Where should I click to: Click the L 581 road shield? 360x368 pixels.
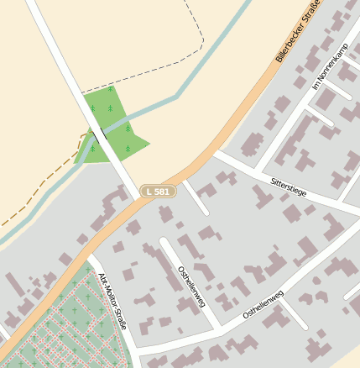tap(159, 192)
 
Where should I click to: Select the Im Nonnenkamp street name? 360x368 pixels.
tap(329, 66)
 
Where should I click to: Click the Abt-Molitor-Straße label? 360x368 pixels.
tap(111, 300)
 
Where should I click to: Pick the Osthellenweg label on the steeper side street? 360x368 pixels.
tap(191, 287)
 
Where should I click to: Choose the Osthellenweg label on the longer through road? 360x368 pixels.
tap(263, 303)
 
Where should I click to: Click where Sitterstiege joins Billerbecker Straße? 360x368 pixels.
tap(216, 154)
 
